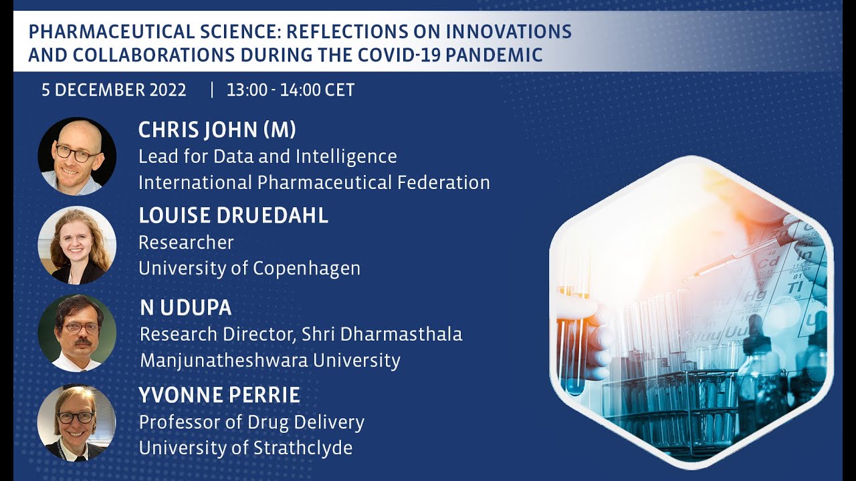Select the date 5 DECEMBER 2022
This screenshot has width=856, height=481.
click(114, 90)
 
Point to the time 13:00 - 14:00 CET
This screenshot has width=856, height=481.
click(290, 90)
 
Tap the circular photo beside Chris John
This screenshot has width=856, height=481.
click(77, 156)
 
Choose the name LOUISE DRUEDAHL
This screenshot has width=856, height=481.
click(233, 216)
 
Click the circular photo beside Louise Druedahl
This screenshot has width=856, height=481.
click(77, 245)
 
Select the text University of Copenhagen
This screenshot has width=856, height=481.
click(249, 269)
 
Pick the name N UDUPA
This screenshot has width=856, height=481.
click(185, 308)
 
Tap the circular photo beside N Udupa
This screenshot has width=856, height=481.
click(77, 333)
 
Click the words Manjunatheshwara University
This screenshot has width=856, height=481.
click(270, 361)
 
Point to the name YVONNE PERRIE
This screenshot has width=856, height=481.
click(219, 395)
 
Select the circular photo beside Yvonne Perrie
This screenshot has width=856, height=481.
click(77, 422)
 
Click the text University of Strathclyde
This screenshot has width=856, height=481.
click(245, 448)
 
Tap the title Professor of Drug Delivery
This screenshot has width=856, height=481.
click(251, 422)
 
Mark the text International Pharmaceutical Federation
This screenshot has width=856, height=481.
click(314, 182)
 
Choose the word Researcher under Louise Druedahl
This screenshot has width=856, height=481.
click(186, 243)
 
